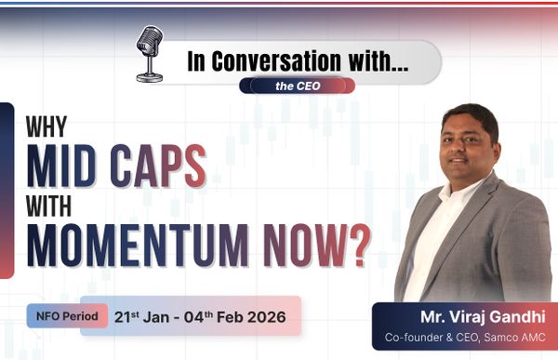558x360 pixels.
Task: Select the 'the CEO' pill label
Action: tap(295, 86)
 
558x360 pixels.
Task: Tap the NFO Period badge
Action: tap(63, 315)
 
